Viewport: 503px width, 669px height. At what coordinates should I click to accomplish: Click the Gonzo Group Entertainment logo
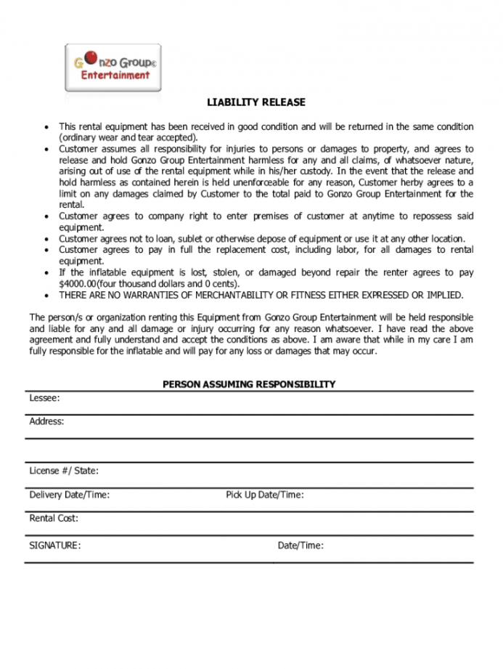(x=113, y=68)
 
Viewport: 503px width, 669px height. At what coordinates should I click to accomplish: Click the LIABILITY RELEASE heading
(x=256, y=102)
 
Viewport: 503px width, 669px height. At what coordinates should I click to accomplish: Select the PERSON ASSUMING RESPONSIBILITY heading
(x=249, y=384)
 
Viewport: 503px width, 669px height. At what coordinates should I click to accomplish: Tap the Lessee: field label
(x=44, y=398)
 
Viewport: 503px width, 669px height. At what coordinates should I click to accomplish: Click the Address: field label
(x=46, y=421)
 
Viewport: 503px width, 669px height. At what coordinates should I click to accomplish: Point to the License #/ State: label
(x=64, y=471)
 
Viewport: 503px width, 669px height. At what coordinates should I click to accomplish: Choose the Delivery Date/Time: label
(x=69, y=495)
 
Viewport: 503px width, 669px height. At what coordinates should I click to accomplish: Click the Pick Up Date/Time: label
(x=264, y=495)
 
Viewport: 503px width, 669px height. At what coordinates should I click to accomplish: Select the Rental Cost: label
(x=54, y=519)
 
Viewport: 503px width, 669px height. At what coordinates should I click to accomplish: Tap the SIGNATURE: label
(x=55, y=546)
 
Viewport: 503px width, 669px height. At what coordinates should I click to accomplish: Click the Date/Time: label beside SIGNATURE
(x=300, y=546)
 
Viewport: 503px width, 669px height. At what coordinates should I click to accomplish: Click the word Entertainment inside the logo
(x=115, y=75)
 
